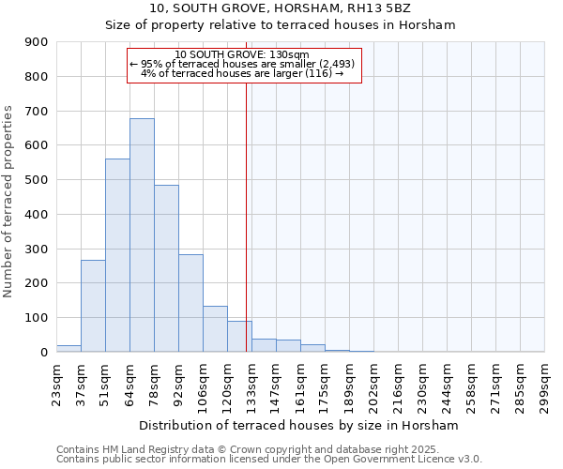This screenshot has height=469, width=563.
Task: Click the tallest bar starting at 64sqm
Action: [142, 234]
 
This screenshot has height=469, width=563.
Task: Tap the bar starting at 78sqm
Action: [166, 268]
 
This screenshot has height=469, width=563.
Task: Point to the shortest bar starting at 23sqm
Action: [68, 348]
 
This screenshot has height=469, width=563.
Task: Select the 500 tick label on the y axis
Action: [38, 180]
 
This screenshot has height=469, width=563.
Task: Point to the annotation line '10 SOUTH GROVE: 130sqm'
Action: [242, 54]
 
